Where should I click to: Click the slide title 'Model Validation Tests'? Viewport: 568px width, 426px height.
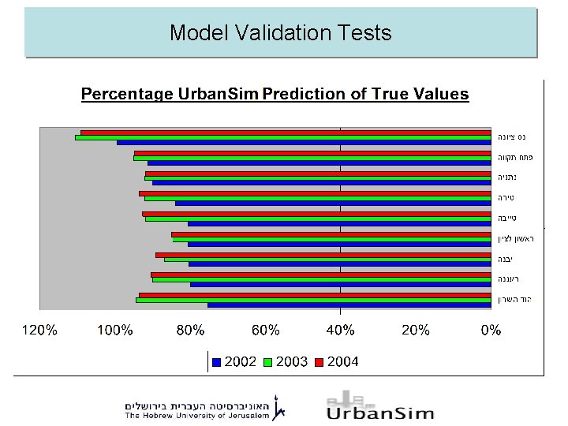pyautogui.click(x=280, y=33)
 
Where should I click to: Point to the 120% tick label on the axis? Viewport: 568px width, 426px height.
pyautogui.click(x=39, y=331)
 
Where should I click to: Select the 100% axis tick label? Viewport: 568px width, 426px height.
pyautogui.click(x=114, y=331)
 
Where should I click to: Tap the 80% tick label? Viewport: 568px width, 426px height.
pyautogui.click(x=190, y=331)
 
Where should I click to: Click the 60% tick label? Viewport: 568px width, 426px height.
pyautogui.click(x=265, y=331)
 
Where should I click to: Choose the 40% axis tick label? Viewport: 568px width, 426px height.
pyautogui.click(x=340, y=331)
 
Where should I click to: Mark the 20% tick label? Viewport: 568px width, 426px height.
pyautogui.click(x=415, y=331)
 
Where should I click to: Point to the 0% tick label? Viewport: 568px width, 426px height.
pyautogui.click(x=491, y=331)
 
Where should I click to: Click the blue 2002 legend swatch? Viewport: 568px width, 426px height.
pyautogui.click(x=217, y=362)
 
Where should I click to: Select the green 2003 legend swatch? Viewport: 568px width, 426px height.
pyautogui.click(x=267, y=362)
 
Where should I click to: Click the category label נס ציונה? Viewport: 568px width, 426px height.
pyautogui.click(x=512, y=137)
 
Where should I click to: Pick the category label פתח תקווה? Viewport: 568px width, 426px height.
pyautogui.click(x=514, y=158)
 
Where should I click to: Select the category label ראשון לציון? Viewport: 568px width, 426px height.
pyautogui.click(x=516, y=239)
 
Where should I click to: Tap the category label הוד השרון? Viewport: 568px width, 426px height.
pyautogui.click(x=515, y=300)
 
